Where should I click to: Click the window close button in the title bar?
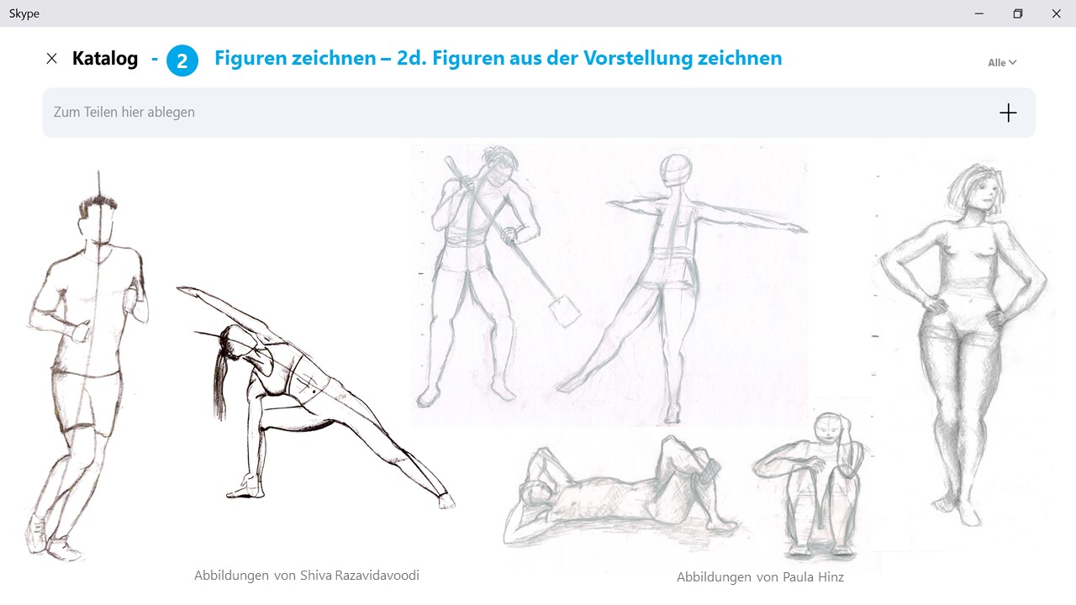1056,13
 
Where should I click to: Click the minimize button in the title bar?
979,13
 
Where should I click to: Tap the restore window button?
1017,13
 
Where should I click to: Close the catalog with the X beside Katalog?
51,59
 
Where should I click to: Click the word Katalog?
105,59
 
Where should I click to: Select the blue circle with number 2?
182,60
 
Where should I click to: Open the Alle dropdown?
1002,62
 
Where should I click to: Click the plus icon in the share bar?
1008,113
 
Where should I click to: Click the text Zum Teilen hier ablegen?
124,112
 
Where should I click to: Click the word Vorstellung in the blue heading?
638,58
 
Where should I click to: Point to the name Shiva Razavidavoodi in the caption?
359,575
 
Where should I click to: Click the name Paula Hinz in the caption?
813,576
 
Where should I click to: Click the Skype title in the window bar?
24,13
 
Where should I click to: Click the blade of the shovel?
564,311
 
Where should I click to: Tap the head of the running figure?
98,222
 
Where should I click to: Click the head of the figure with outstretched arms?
676,170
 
